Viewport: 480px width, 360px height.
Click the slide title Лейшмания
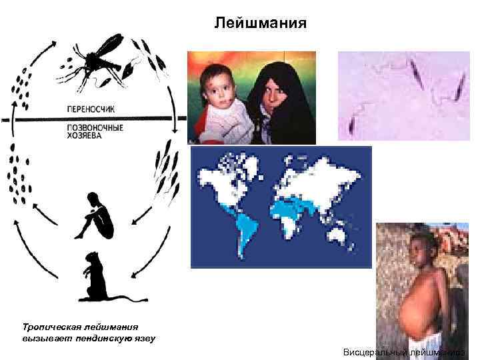261,24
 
